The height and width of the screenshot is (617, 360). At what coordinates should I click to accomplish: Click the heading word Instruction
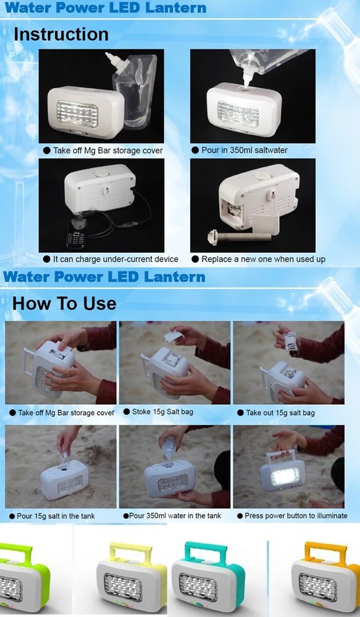coord(61,34)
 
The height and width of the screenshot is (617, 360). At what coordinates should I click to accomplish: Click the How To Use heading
coord(64,303)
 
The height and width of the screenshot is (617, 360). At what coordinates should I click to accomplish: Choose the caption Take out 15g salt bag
coord(279,412)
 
